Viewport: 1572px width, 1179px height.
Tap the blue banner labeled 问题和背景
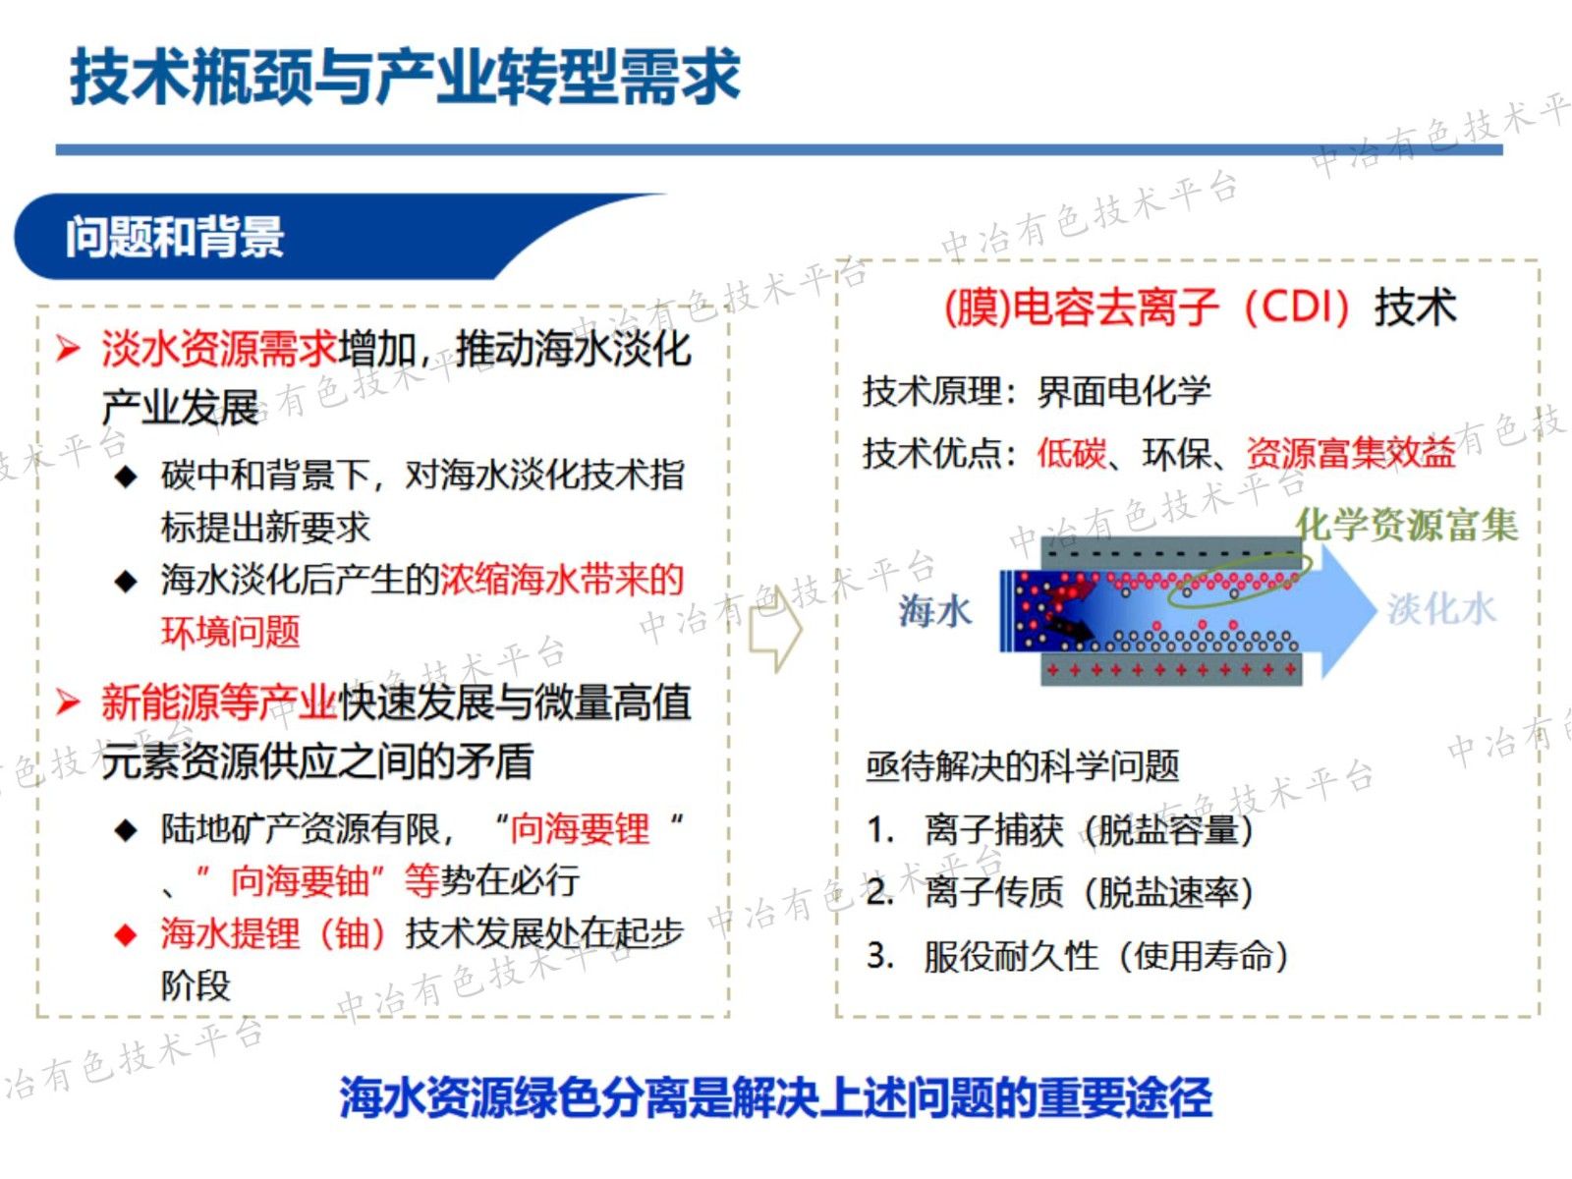pos(175,237)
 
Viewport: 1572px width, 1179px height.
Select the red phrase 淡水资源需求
pos(219,349)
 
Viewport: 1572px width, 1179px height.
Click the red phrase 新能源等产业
pos(219,702)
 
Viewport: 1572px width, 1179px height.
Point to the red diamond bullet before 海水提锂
pos(126,934)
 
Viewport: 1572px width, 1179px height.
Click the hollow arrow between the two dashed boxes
pos(776,629)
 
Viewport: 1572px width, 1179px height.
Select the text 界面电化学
pos(1124,391)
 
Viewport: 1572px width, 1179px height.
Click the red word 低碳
pos(1071,453)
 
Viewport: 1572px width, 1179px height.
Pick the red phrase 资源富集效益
pos(1351,453)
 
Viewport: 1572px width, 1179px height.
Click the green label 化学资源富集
pos(1406,525)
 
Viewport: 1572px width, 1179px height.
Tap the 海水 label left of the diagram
pos(934,611)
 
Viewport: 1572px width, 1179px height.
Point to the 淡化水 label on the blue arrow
pos(1441,609)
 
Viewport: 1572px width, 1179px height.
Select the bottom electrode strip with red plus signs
pos(1171,670)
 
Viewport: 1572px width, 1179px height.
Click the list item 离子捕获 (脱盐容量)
pos(1089,830)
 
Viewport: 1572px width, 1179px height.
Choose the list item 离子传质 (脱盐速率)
pos(1089,892)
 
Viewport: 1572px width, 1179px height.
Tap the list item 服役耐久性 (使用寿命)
pos(1105,955)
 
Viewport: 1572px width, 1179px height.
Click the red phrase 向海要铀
pos(300,881)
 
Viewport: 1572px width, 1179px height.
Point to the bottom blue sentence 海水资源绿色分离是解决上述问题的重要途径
pos(776,1096)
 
